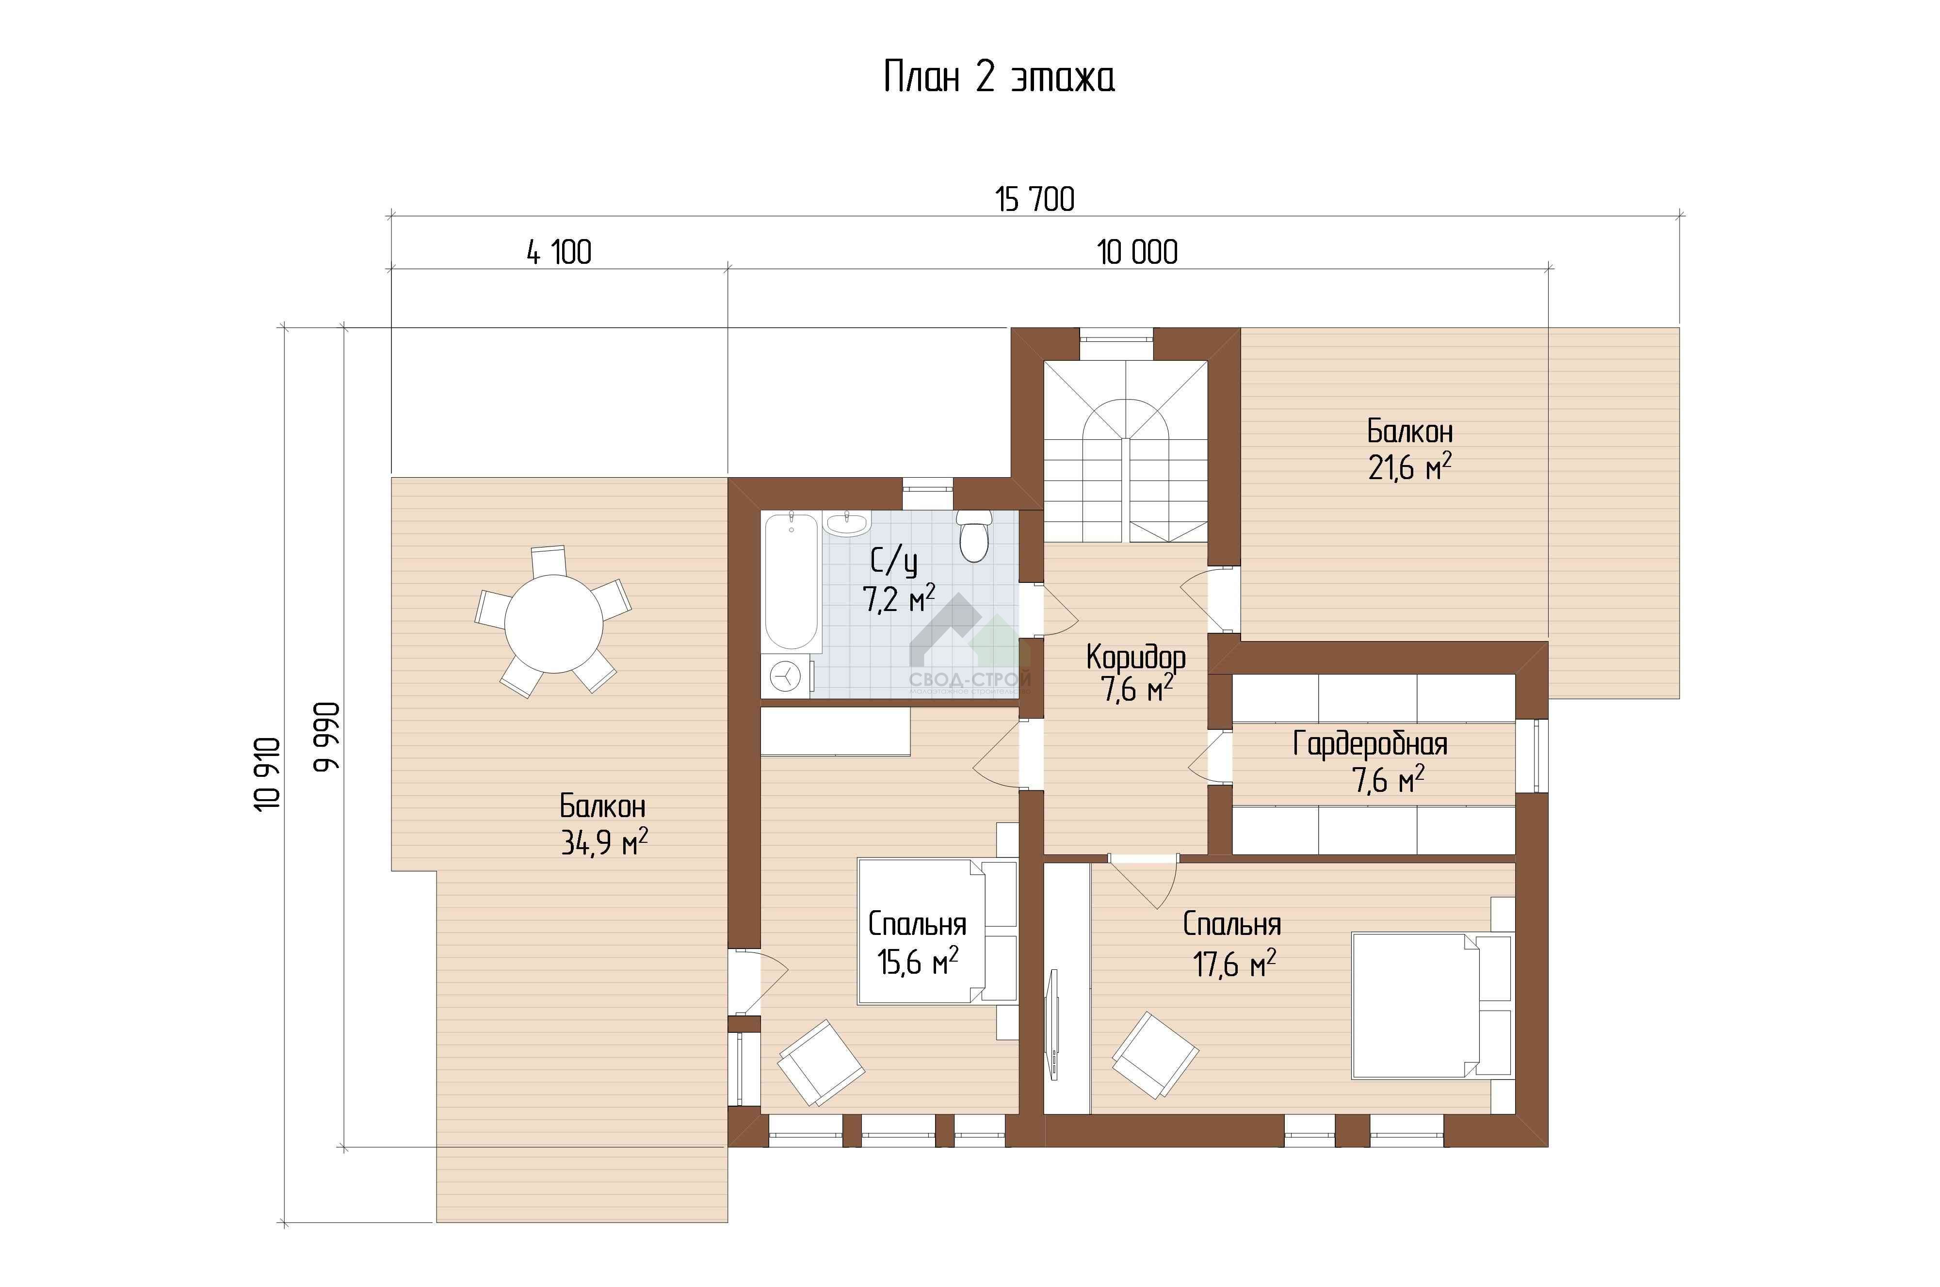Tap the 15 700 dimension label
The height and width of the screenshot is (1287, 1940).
[x=1035, y=199]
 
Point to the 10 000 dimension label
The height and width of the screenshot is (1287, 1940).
[x=1137, y=252]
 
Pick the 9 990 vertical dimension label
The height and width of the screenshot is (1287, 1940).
[x=327, y=736]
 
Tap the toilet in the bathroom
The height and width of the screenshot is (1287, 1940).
[x=974, y=536]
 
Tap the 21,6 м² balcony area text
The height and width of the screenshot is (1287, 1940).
[x=1409, y=468]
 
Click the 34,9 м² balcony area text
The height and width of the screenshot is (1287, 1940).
[x=604, y=842]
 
